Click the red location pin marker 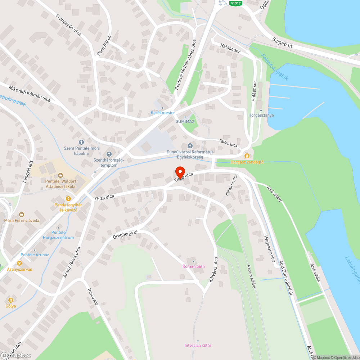point(179,172)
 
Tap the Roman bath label point(194,266)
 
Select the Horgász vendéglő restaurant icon point(247,156)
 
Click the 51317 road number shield point(236,3)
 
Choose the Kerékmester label point(163,113)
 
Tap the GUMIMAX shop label point(185,121)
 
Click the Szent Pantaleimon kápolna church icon point(81,142)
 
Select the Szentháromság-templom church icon point(109,154)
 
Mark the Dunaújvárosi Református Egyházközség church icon point(190,145)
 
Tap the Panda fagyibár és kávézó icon point(68,198)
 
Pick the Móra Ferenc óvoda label point(22,220)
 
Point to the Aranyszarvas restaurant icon point(19,263)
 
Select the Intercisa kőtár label point(198,346)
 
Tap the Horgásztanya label point(261,115)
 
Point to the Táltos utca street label point(228,143)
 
